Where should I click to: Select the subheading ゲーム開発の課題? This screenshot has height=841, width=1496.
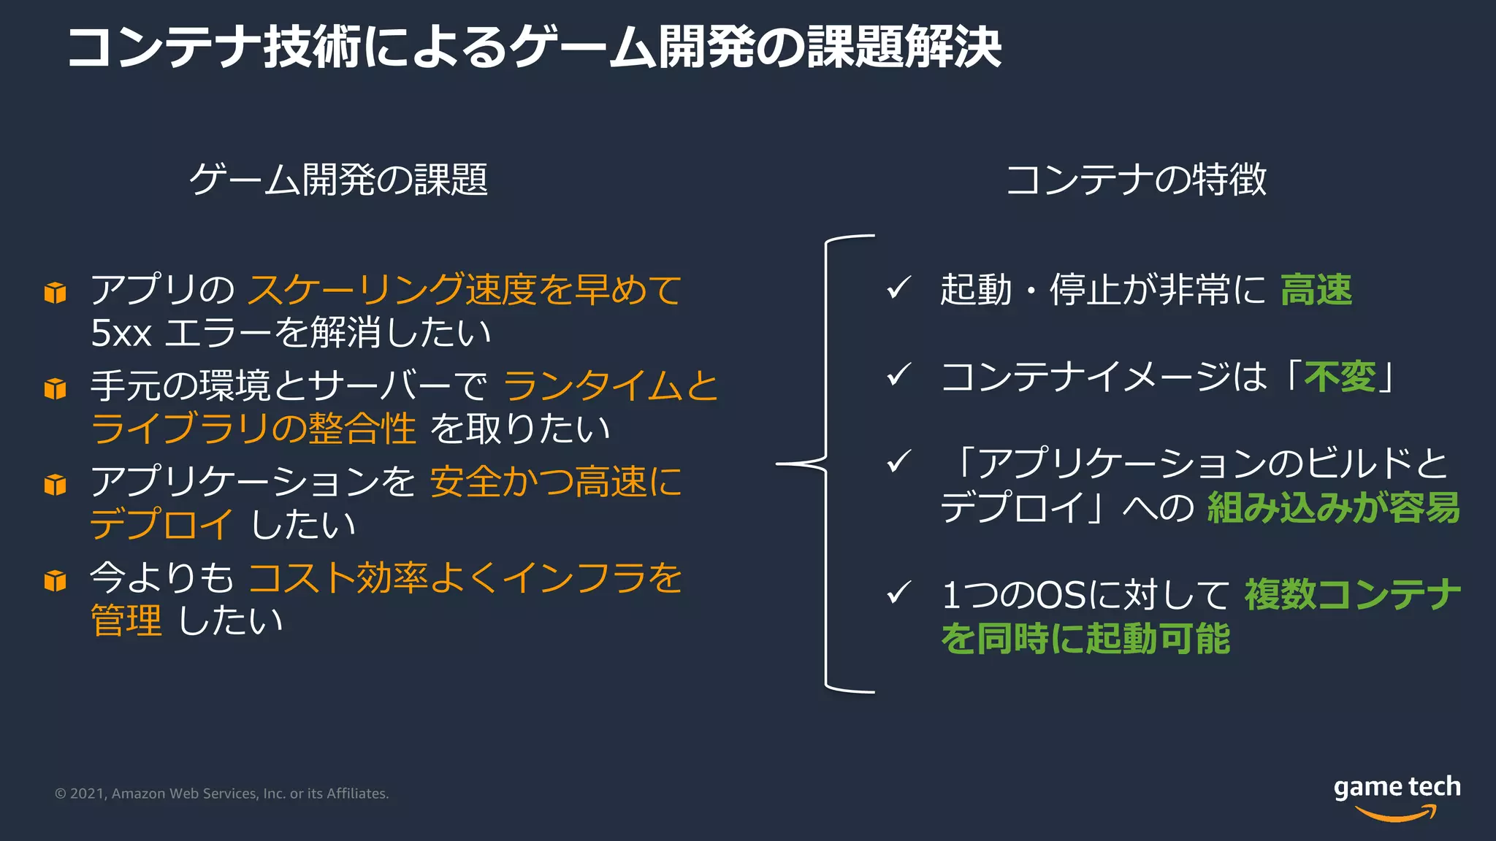click(x=338, y=180)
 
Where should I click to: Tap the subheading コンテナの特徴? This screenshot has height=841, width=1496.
click(x=1136, y=180)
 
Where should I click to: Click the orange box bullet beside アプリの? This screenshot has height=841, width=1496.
click(x=56, y=292)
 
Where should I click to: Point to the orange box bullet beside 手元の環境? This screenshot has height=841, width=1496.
click(x=56, y=388)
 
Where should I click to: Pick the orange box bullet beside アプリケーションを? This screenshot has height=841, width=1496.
click(x=56, y=484)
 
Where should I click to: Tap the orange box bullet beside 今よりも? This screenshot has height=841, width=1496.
click(x=56, y=580)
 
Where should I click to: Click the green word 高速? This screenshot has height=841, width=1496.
click(x=1316, y=290)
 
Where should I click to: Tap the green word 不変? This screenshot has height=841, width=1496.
click(x=1340, y=377)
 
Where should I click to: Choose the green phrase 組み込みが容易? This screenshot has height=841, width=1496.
click(x=1333, y=507)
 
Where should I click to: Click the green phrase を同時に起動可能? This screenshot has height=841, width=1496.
click(x=1085, y=638)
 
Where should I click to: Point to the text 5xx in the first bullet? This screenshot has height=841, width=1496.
click(x=121, y=333)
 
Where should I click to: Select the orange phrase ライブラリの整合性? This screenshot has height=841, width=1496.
click(x=253, y=429)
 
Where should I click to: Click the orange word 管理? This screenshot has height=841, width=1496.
click(x=126, y=621)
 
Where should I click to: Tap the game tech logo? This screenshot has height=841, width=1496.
click(x=1396, y=796)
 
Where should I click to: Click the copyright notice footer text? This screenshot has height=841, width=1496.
click(x=222, y=794)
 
